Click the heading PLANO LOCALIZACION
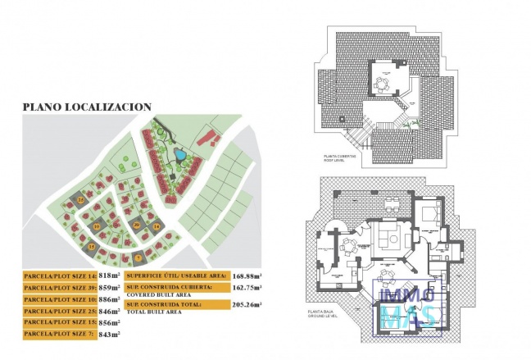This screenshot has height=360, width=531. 86,107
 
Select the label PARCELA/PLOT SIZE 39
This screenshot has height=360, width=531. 60,289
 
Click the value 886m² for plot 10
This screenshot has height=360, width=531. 109,300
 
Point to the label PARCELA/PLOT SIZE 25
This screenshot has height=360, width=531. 60,312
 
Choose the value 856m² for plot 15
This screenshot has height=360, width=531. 109,323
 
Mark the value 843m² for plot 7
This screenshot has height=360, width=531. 109,335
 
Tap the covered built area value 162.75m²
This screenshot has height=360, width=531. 247,289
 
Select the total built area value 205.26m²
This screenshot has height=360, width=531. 247,305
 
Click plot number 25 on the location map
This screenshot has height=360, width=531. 81,199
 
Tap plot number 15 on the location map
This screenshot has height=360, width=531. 93,246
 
